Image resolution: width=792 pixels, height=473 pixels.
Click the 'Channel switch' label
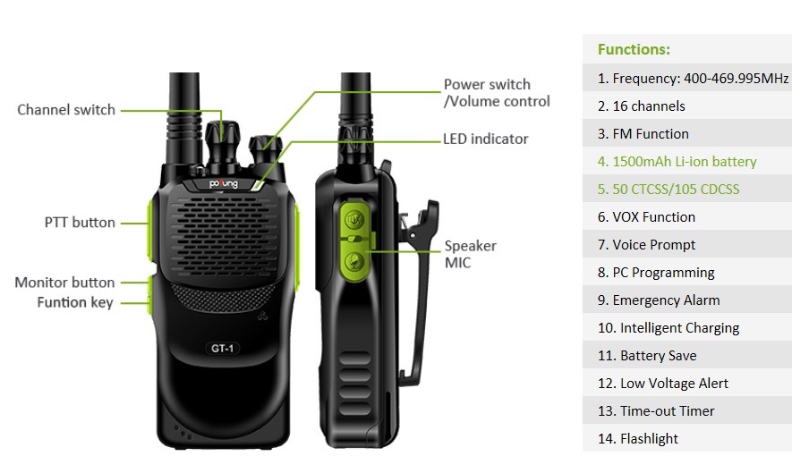tap(66, 110)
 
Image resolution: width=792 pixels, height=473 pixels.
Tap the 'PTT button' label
tap(80, 222)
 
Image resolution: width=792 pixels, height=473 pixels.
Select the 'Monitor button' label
tap(64, 283)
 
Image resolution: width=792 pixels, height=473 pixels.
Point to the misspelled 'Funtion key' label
tap(75, 302)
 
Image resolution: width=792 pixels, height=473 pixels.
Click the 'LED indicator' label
tap(485, 139)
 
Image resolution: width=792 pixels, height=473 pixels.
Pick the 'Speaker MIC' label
tap(470, 254)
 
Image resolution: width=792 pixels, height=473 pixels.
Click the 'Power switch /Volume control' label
tap(497, 93)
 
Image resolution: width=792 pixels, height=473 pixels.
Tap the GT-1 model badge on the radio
tap(222, 349)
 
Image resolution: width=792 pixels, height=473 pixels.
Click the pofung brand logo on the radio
tap(223, 184)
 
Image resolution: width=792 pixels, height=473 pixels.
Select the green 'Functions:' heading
tap(634, 49)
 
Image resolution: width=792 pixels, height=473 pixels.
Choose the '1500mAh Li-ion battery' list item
tap(677, 162)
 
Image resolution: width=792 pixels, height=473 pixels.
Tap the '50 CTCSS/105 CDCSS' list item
tap(669, 190)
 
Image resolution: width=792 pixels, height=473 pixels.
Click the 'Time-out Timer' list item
tap(656, 411)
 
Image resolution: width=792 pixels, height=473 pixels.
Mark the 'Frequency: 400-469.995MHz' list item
tap(693, 79)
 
